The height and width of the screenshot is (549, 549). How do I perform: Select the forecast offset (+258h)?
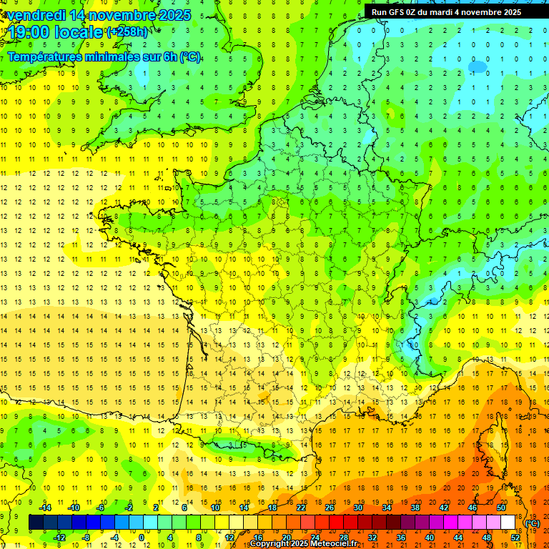(129, 31)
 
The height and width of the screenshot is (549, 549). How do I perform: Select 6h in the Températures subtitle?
(172, 57)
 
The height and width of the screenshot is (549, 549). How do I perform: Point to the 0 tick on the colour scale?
(141, 537)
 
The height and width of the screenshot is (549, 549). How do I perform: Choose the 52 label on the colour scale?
(515, 537)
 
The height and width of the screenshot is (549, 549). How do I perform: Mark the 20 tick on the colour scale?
(286, 537)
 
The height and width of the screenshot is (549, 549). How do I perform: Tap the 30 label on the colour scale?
(358, 507)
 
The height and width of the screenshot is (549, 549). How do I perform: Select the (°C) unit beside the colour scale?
(532, 523)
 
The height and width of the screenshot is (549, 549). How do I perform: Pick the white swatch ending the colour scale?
(508, 523)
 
